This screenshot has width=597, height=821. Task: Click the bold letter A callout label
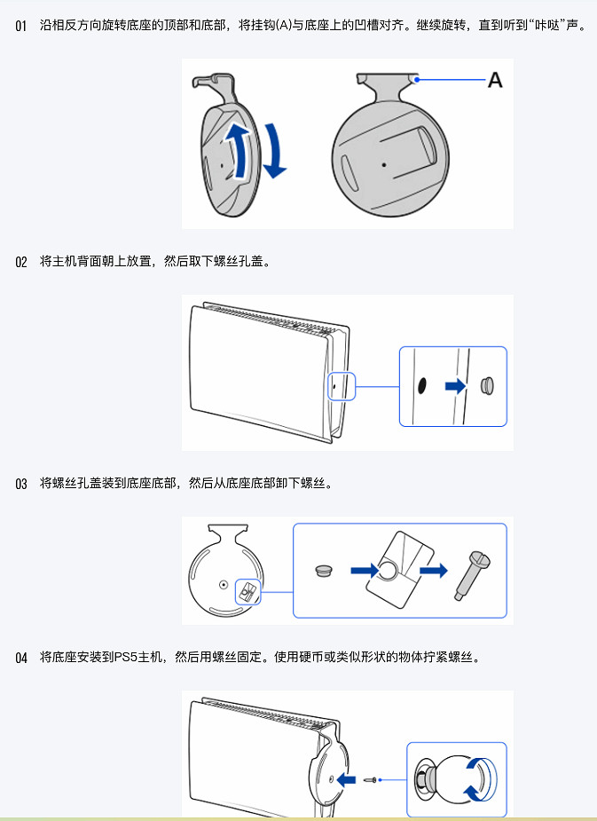point(495,81)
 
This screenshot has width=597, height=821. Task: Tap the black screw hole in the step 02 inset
point(422,385)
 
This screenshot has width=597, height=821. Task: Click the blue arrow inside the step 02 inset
point(454,386)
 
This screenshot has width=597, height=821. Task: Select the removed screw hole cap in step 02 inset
point(486,386)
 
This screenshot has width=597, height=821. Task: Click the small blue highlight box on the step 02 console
point(341,386)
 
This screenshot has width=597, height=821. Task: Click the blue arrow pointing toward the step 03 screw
point(433,570)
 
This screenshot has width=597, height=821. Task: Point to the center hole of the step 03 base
point(223,584)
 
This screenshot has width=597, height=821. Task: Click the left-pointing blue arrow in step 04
point(349,779)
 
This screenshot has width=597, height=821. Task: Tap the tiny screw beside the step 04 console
point(373,779)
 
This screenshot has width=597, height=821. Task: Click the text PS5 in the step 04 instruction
point(123,658)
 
